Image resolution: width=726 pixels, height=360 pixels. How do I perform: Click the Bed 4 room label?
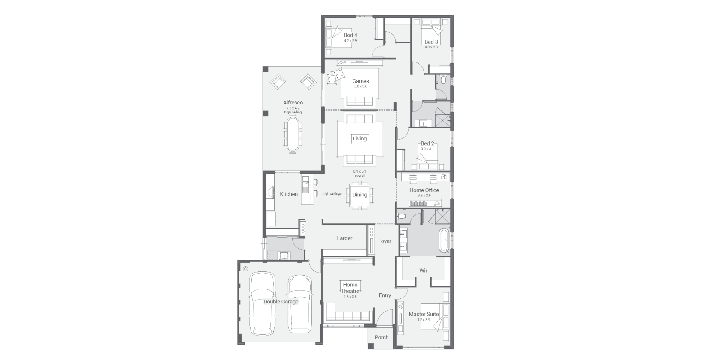[x=350, y=36]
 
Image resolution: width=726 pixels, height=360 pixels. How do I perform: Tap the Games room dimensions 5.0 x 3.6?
[x=360, y=86]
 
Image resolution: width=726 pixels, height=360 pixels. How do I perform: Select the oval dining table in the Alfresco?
[x=293, y=134]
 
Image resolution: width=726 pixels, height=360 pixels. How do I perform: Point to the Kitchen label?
[x=288, y=194]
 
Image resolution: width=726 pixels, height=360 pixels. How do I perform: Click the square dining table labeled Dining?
[x=360, y=195]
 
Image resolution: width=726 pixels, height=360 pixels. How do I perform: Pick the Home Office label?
[x=424, y=190]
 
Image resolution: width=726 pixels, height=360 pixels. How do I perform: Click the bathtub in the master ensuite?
[x=444, y=241]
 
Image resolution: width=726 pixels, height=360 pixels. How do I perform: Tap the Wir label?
[x=423, y=270]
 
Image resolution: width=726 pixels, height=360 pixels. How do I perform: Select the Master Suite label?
[x=424, y=314]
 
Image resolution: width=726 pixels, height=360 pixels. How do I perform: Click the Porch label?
[x=382, y=337]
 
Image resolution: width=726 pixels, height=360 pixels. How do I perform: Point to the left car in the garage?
[x=262, y=303]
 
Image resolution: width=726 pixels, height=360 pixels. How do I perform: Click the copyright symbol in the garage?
[x=245, y=269]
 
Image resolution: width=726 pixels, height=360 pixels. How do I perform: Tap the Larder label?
[x=344, y=238]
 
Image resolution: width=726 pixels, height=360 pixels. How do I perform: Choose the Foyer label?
[x=384, y=241]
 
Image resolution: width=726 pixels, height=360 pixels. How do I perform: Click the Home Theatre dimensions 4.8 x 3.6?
[x=350, y=297]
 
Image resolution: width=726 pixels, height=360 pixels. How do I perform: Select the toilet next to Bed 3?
[x=443, y=79]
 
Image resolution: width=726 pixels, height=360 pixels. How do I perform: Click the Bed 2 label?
[x=427, y=143]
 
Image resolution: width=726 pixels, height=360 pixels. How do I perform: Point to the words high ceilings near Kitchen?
[x=332, y=193]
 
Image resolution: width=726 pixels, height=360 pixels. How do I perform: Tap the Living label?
[x=360, y=138]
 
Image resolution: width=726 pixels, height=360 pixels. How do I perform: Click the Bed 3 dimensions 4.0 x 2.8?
[x=431, y=47]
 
